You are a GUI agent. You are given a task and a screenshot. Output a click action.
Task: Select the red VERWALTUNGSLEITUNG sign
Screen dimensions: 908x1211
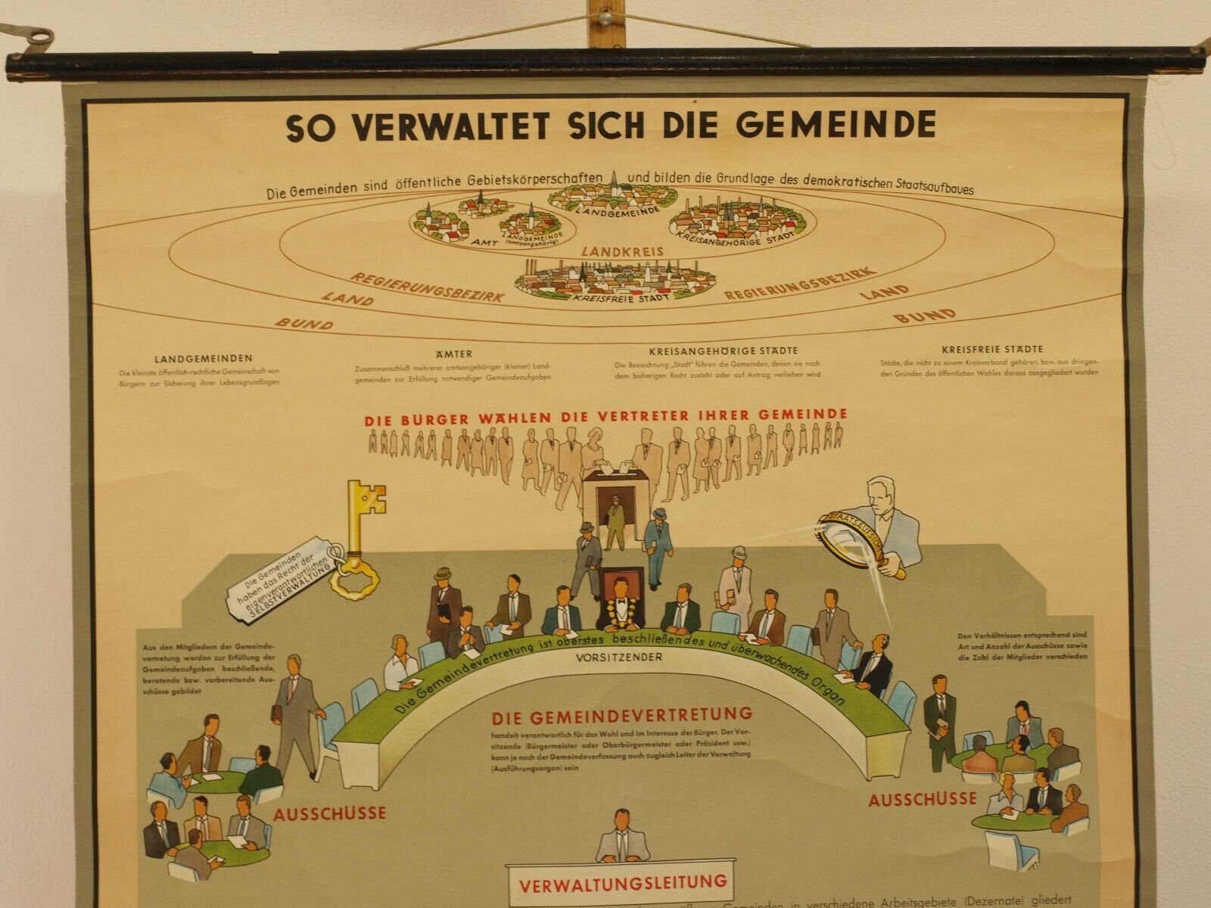point(622,882)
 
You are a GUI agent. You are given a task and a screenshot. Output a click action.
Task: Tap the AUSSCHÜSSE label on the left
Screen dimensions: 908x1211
point(329,814)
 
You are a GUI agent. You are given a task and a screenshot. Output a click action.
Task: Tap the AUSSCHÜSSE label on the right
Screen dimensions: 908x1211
point(922,799)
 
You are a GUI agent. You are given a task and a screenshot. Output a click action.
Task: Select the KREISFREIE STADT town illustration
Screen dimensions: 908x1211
point(615,280)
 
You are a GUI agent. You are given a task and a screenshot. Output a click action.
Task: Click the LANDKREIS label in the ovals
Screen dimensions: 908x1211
point(622,251)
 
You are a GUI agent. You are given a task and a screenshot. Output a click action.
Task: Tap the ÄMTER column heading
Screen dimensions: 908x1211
point(454,353)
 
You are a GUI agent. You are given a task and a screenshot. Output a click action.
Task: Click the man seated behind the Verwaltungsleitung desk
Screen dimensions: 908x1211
point(623,835)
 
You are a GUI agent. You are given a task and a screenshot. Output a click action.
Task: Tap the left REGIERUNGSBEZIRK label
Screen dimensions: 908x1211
point(427,287)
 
